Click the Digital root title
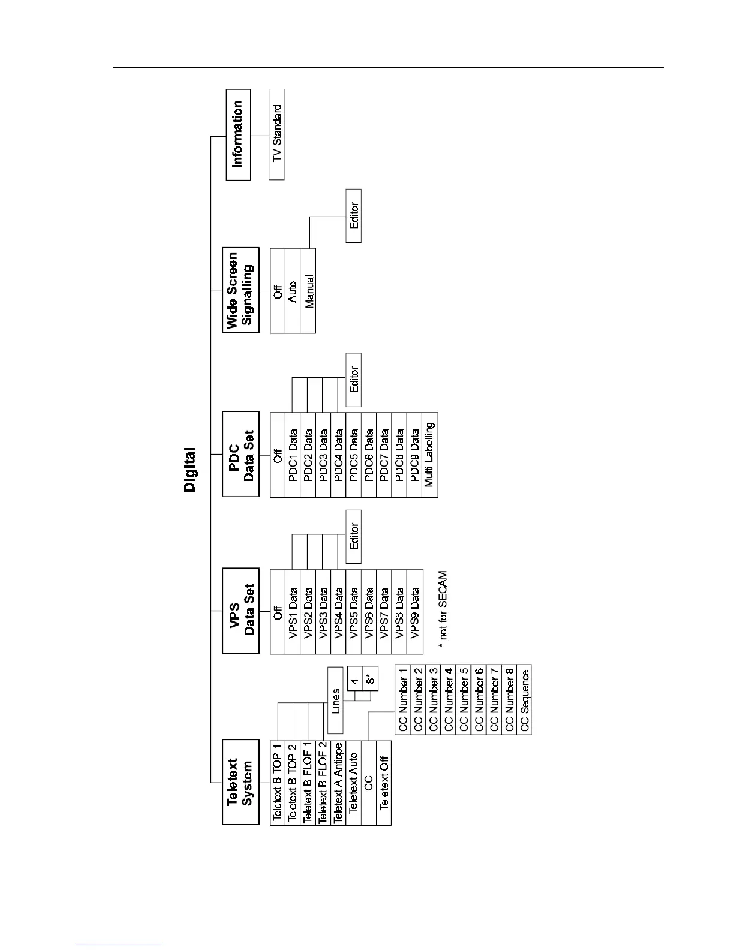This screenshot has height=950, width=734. (190, 470)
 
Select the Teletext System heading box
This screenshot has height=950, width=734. (240, 782)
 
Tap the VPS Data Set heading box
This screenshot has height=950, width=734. (240, 611)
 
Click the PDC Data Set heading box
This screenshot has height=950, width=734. (240, 454)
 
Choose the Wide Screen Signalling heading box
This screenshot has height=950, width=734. (240, 290)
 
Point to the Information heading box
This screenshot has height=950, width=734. (238, 134)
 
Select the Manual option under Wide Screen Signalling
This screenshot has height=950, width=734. (308, 291)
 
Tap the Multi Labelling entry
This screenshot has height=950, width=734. (430, 455)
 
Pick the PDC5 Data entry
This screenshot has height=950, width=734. (354, 455)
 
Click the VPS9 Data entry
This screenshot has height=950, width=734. (415, 611)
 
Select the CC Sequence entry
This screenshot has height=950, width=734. (525, 699)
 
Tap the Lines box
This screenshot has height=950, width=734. (336, 701)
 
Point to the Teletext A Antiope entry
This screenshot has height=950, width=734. (338, 782)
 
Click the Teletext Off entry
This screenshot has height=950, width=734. (384, 782)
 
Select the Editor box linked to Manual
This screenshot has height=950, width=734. (354, 216)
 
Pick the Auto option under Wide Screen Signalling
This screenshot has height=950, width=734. (293, 291)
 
